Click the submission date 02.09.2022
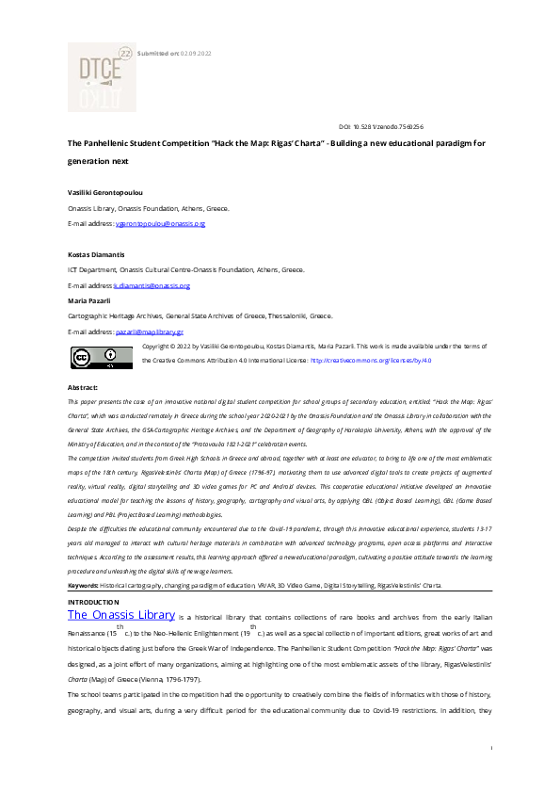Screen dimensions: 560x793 click(x=195, y=54)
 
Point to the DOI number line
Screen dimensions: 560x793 click(x=380, y=125)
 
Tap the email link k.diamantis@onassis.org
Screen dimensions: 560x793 click(x=152, y=285)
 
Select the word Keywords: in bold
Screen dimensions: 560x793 click(x=83, y=586)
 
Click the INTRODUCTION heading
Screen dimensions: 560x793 click(x=94, y=601)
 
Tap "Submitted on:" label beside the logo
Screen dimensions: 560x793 click(x=158, y=54)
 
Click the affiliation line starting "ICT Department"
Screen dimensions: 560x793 click(x=185, y=269)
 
